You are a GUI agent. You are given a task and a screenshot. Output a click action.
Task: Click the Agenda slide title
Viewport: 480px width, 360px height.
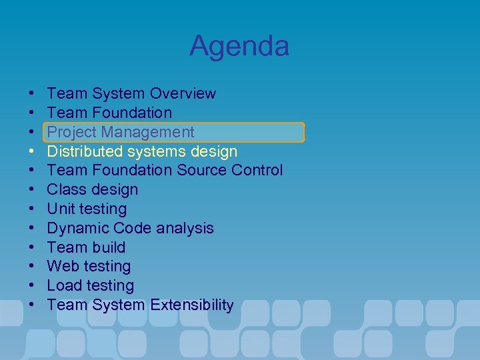click(239, 46)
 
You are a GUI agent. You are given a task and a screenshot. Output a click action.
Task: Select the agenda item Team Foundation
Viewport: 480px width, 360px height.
click(109, 113)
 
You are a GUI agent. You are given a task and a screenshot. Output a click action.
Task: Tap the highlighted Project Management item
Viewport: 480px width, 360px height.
click(121, 132)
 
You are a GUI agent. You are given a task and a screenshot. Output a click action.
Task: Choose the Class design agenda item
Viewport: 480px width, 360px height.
click(93, 189)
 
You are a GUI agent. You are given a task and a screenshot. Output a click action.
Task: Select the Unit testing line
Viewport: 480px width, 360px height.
click(87, 209)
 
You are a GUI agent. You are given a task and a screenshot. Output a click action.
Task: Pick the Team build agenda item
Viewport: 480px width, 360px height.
click(86, 247)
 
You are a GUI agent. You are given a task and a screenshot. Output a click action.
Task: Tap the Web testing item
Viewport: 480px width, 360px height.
click(89, 266)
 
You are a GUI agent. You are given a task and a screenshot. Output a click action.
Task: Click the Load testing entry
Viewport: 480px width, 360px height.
click(90, 285)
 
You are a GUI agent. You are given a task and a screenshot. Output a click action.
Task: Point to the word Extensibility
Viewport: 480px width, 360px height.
click(192, 305)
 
